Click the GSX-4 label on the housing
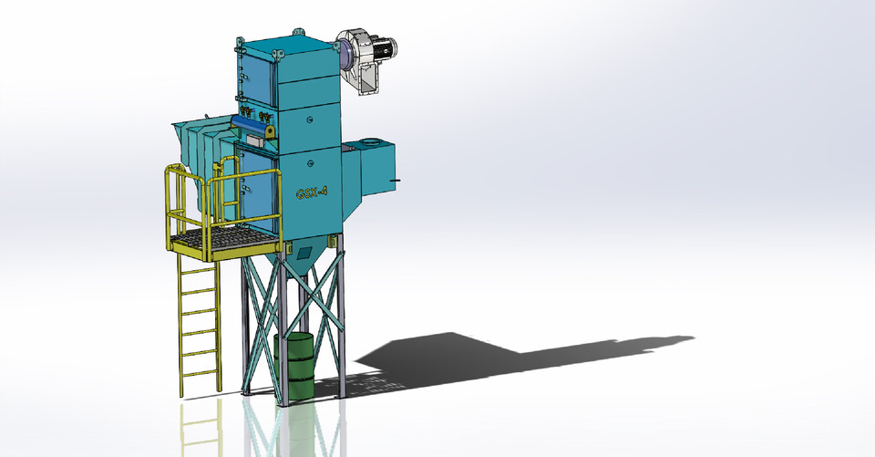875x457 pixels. click(x=312, y=193)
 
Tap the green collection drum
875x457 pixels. click(x=294, y=364)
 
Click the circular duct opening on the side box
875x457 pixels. click(x=372, y=143)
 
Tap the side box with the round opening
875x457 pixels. click(x=376, y=169)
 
